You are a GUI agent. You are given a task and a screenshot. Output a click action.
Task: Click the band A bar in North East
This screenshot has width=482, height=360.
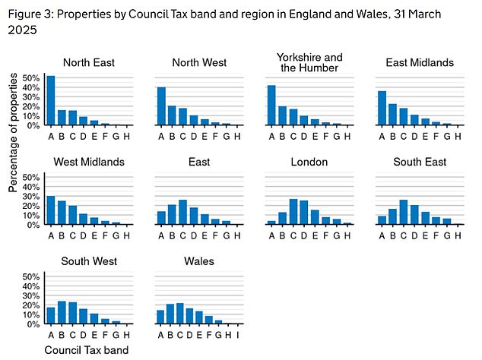(50, 100)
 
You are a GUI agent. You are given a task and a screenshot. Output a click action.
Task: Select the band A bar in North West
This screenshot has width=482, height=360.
(161, 106)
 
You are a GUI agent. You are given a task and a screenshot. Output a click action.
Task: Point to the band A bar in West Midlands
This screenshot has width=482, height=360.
(50, 210)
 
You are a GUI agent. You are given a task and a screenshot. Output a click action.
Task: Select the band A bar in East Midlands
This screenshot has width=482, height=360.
(382, 108)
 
